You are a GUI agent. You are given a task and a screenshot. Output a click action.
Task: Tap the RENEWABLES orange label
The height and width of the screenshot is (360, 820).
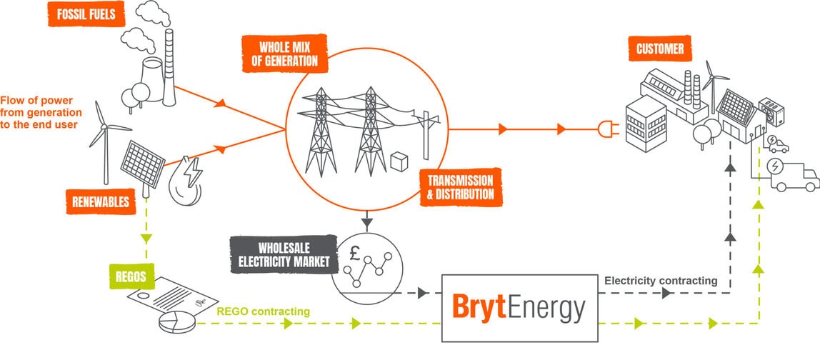99,201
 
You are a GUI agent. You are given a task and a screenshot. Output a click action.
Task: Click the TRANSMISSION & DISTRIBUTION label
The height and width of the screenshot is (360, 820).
456,187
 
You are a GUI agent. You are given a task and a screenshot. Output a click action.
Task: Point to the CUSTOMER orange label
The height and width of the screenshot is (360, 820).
661,49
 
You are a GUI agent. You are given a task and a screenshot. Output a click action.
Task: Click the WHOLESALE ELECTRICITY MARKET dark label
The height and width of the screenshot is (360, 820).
284,254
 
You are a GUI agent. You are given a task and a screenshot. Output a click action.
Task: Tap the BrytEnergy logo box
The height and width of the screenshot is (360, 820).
519,308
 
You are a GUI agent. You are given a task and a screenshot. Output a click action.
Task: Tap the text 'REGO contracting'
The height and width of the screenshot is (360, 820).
263,311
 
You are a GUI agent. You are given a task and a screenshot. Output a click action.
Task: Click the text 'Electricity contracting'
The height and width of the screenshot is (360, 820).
660,281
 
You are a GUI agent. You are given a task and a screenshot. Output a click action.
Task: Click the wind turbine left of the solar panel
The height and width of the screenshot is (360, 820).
106,139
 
